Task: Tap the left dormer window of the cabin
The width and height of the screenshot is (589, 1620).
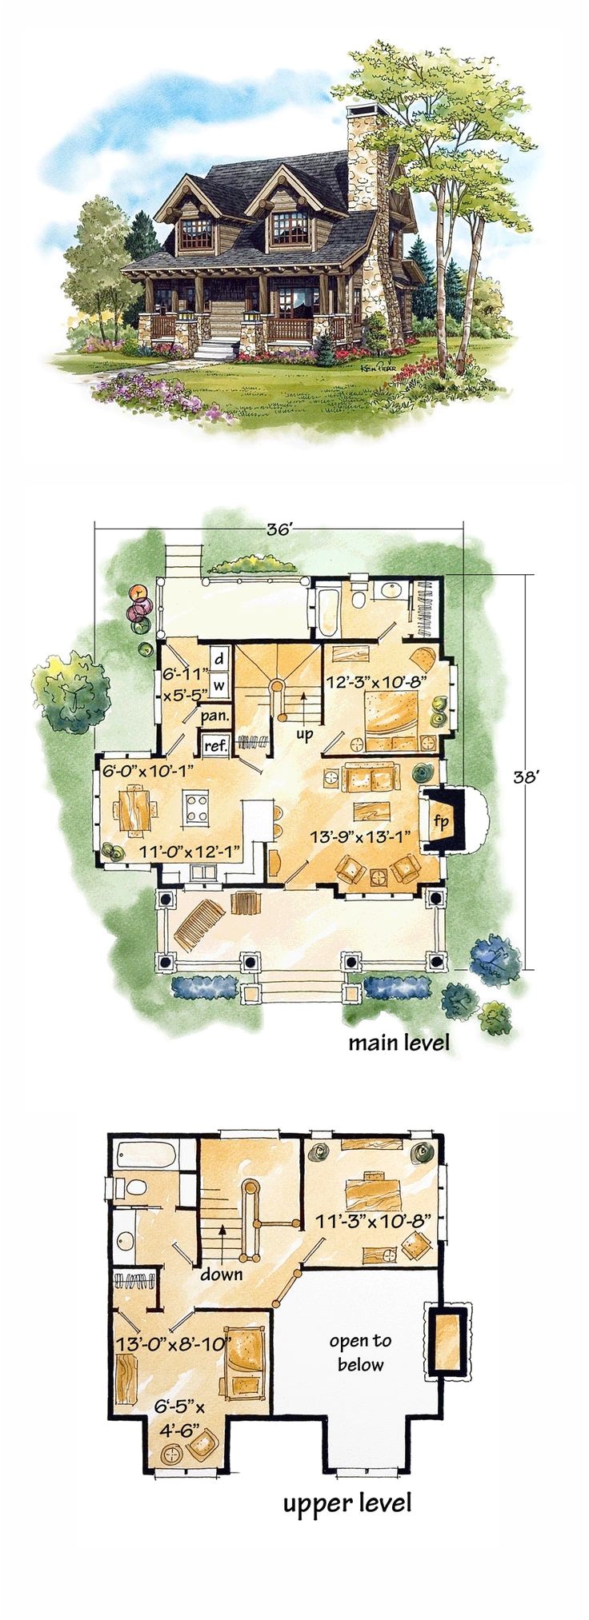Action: pyautogui.click(x=196, y=231)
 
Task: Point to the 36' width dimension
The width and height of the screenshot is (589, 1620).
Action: pyautogui.click(x=278, y=529)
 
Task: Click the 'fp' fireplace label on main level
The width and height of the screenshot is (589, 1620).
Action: pyautogui.click(x=440, y=820)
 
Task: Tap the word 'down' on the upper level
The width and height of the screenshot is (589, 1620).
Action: pyautogui.click(x=222, y=1273)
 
